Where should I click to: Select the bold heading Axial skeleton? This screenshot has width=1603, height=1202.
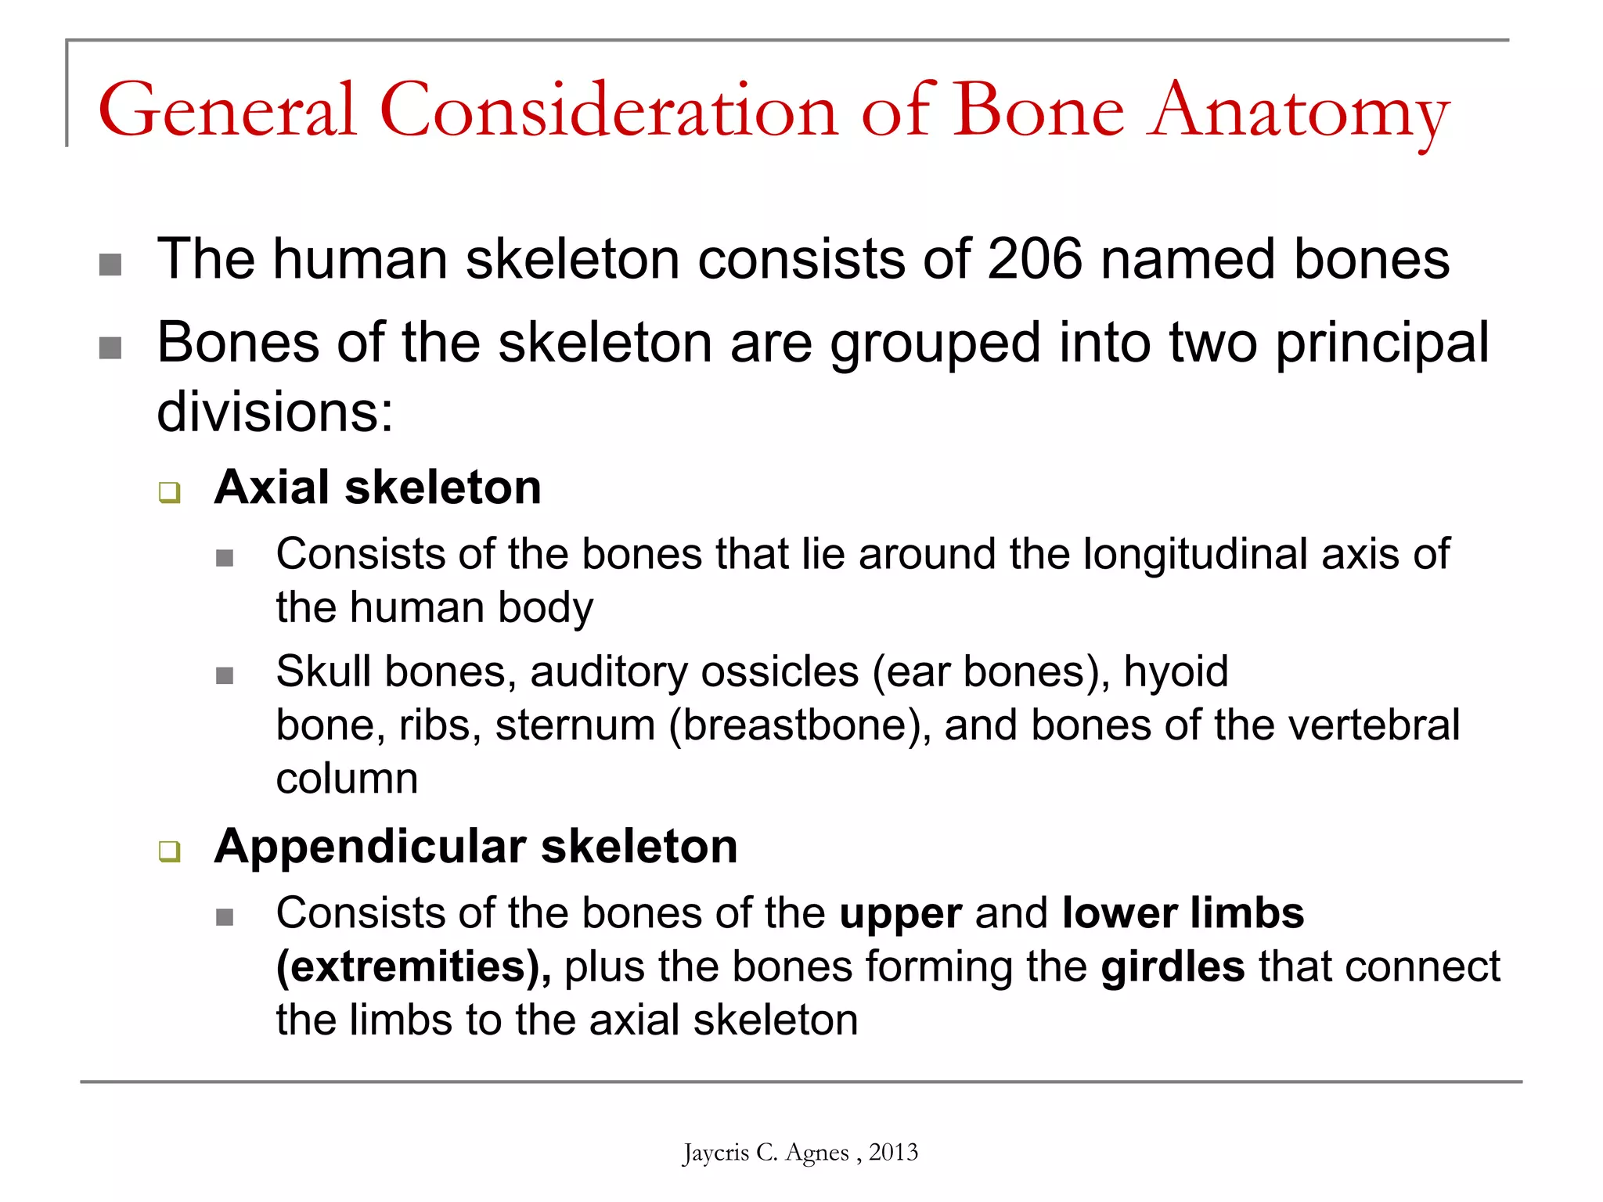point(377,488)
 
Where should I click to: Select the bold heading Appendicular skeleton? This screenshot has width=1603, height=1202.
point(476,847)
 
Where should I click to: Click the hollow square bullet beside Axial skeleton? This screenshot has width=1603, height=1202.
point(169,492)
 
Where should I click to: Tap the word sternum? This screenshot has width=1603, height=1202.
point(575,725)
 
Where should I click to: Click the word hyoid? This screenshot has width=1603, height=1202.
point(1176,671)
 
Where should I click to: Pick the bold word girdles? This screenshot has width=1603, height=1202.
point(1172,966)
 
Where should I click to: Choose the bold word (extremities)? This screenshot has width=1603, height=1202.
point(413,966)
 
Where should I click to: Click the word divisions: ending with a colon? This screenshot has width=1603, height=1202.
point(275,412)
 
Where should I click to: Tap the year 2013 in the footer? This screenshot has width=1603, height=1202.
point(893,1152)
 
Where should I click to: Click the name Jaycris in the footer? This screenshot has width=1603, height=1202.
point(715,1153)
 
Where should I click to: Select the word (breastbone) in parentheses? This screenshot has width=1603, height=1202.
point(799,725)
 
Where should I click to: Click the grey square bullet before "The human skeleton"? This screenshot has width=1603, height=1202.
point(110,265)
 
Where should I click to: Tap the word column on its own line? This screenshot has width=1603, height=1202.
point(347,779)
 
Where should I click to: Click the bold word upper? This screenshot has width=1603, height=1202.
point(900,913)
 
